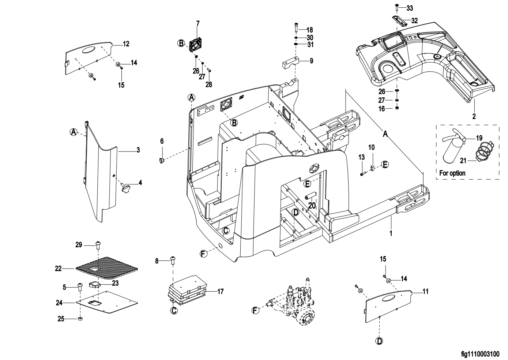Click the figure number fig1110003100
[480, 354]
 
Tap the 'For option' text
[452, 173]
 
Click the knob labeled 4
[126, 189]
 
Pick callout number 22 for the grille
[58, 269]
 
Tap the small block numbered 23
[95, 284]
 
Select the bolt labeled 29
[98, 244]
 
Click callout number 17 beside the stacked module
[221, 292]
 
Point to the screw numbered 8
[173, 260]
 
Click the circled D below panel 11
[380, 341]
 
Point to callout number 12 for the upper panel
[126, 44]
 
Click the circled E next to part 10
[385, 165]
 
